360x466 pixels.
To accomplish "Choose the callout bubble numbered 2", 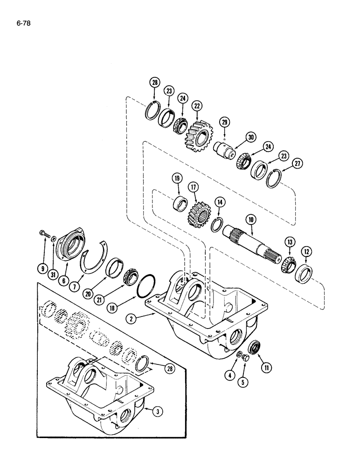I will coord(133,319).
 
